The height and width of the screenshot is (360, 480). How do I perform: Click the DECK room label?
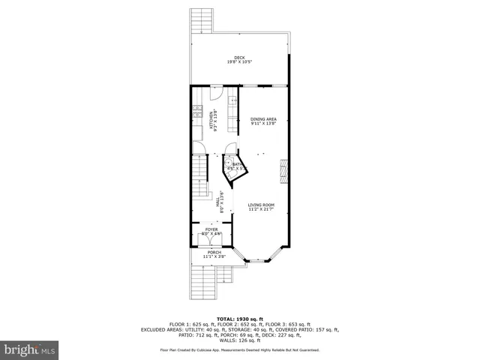click(239, 58)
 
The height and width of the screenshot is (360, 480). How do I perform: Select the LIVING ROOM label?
click(262, 205)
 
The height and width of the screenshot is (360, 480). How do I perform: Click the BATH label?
click(235, 164)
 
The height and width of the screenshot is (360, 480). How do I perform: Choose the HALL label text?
click(218, 201)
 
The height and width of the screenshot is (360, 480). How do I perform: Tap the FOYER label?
click(211, 229)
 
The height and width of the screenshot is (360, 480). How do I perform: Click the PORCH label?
click(214, 253)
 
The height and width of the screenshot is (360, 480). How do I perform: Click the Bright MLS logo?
click(30, 349)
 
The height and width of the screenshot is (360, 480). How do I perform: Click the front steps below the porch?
click(202, 281)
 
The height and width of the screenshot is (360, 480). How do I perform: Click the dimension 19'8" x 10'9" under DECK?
click(239, 62)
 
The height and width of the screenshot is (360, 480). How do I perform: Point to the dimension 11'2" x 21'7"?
click(262, 209)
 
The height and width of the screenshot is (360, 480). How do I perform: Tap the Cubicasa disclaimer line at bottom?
click(239, 349)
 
